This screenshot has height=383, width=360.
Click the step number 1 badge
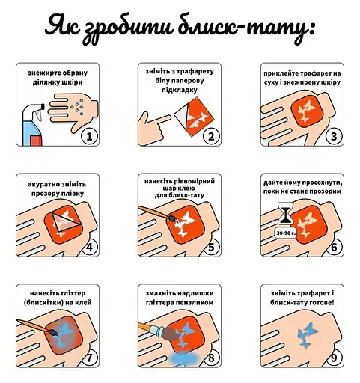tap(90, 136)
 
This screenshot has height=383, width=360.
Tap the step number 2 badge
tap(212, 136)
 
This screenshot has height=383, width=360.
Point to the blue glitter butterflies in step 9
tap(308, 333)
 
